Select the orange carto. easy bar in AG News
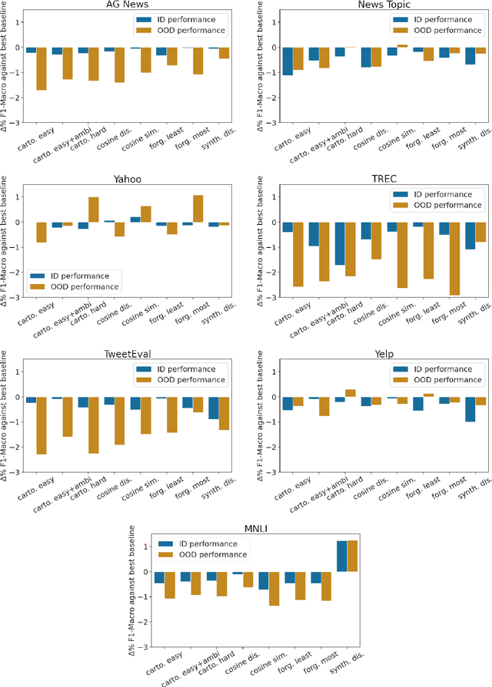[x=41, y=68]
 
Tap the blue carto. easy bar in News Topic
[x=288, y=61]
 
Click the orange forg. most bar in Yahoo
[x=198, y=209]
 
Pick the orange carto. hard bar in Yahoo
[x=93, y=210]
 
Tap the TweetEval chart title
[x=127, y=355]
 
